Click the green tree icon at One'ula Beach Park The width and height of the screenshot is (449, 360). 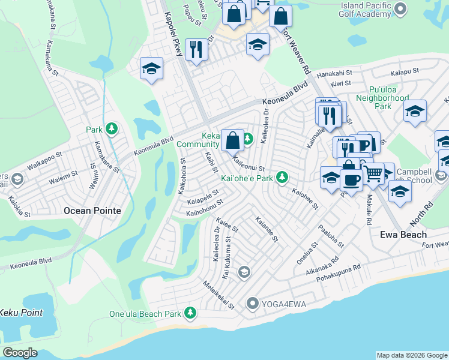click(190, 313)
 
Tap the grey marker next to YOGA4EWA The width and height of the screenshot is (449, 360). click(253, 304)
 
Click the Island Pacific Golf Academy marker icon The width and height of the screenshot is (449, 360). click(402, 10)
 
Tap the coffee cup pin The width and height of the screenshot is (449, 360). click(351, 180)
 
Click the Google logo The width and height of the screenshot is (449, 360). click(20, 353)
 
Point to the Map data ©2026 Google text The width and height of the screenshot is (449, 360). click(412, 355)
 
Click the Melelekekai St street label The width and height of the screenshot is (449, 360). click(218, 295)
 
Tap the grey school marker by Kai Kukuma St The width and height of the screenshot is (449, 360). click(243, 272)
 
